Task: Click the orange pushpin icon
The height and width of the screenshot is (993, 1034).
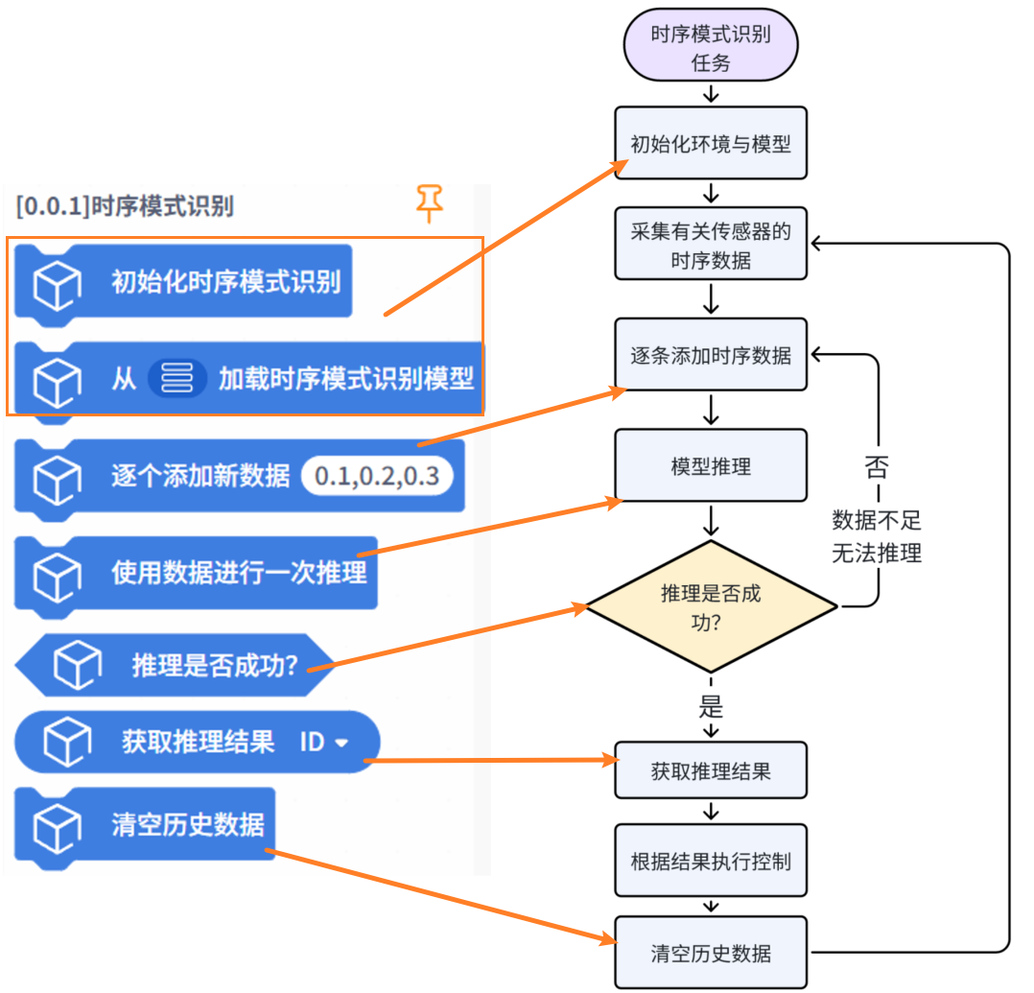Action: pyautogui.click(x=429, y=202)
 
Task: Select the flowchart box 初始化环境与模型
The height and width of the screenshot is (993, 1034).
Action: pyautogui.click(x=710, y=143)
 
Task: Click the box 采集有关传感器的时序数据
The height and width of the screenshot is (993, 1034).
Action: pyautogui.click(x=710, y=244)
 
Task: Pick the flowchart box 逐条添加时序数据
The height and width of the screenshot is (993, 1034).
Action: pyautogui.click(x=710, y=355)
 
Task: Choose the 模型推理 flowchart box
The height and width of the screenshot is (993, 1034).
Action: pyautogui.click(x=710, y=466)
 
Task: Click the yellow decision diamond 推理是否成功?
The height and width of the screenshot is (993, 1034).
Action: pyautogui.click(x=710, y=606)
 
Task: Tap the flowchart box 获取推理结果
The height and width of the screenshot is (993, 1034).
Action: pyautogui.click(x=710, y=770)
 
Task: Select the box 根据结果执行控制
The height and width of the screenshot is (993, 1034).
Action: pyautogui.click(x=710, y=860)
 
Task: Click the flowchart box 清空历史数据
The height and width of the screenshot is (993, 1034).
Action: pyautogui.click(x=710, y=953)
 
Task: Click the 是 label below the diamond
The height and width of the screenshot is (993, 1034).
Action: pyautogui.click(x=710, y=708)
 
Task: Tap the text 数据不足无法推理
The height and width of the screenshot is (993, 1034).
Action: pyautogui.click(x=877, y=537)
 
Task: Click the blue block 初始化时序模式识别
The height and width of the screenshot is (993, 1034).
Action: pyautogui.click(x=225, y=282)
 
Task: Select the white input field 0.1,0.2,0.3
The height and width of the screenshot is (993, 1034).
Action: pyautogui.click(x=377, y=476)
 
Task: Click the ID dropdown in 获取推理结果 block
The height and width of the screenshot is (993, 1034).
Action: pyautogui.click(x=323, y=742)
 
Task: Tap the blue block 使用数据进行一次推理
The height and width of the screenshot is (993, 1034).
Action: pyautogui.click(x=238, y=573)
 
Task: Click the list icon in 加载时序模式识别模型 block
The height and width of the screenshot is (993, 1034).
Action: pyautogui.click(x=177, y=378)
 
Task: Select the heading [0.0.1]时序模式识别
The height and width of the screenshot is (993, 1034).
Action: pyautogui.click(x=125, y=205)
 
